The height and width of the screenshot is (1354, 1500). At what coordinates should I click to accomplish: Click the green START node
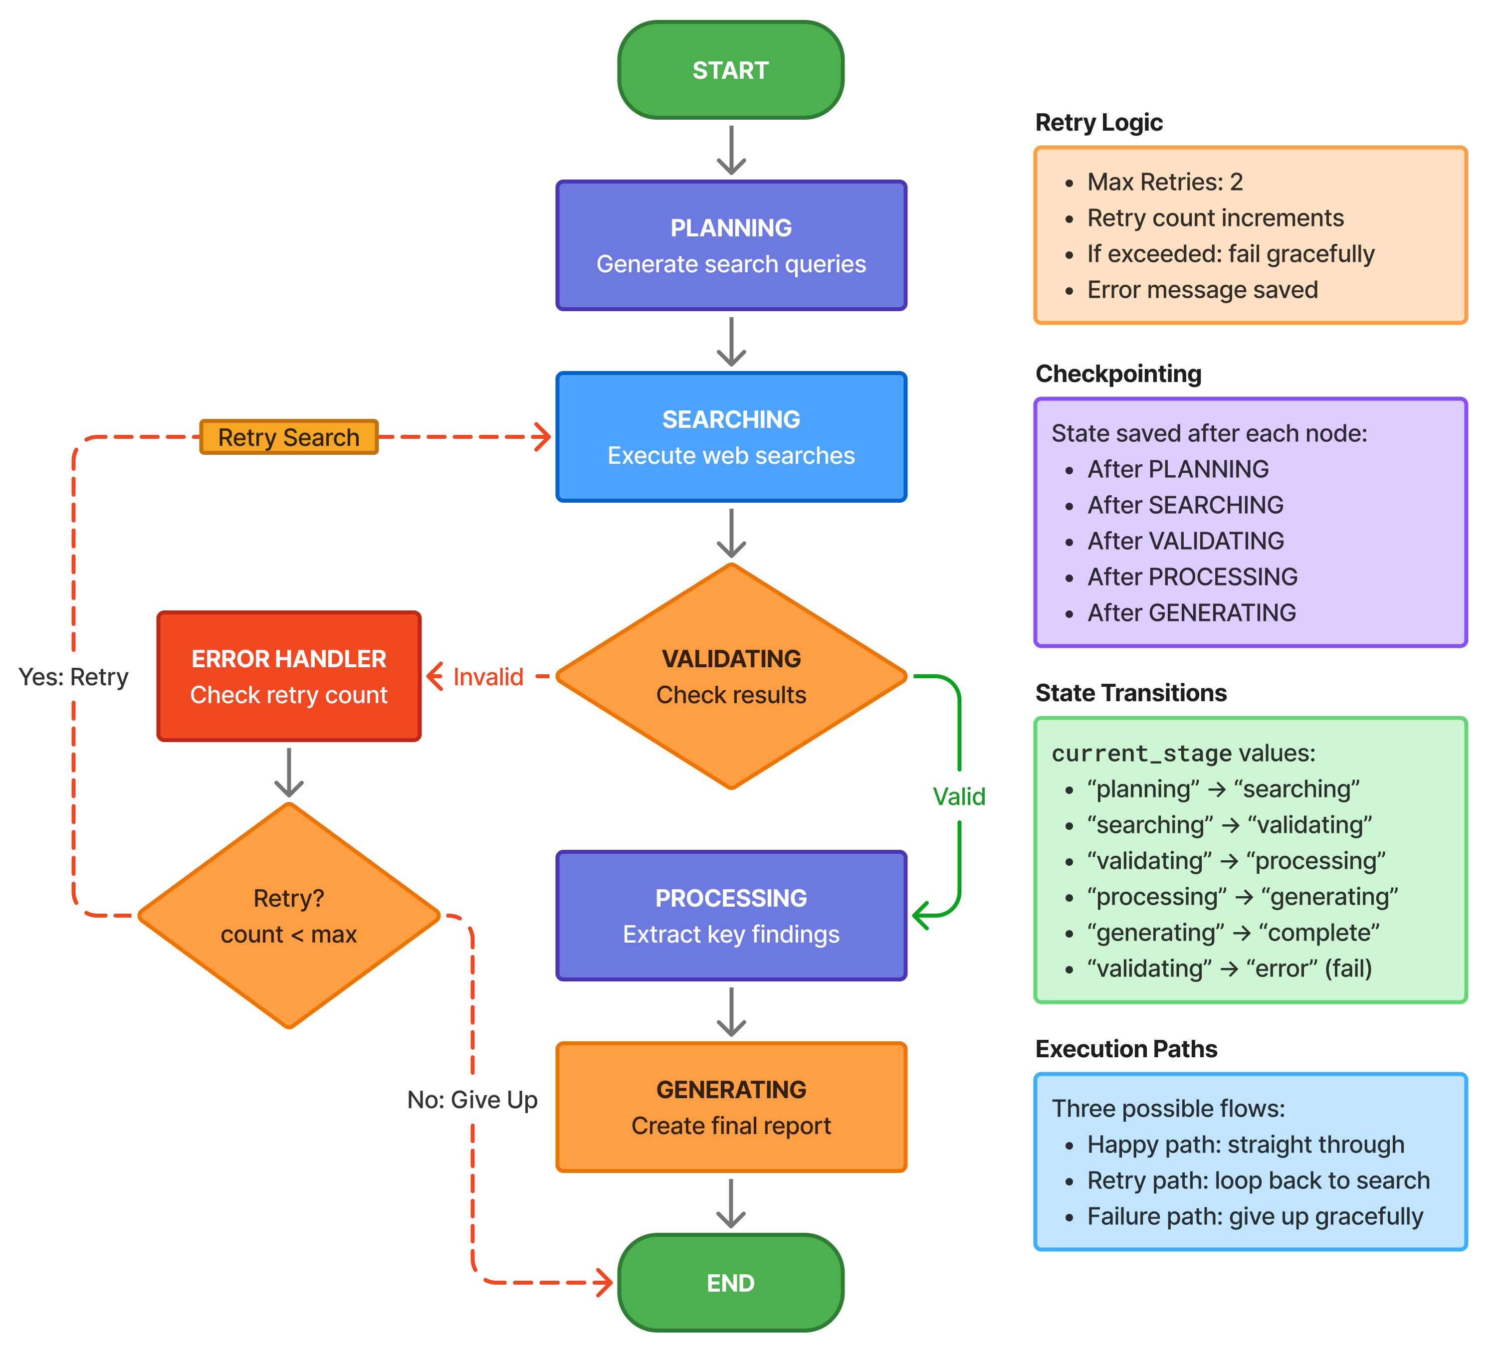tap(731, 70)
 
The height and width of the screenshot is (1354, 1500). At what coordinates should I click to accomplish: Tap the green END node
tap(731, 1283)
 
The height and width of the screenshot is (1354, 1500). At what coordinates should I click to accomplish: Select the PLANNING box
tap(731, 245)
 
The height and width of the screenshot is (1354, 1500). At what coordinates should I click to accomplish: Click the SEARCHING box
tap(731, 437)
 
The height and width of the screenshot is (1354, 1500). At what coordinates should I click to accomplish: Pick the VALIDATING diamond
tap(731, 676)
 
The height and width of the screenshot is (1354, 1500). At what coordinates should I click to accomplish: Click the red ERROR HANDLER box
tap(289, 676)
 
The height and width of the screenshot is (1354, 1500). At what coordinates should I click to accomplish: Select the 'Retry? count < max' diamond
tap(289, 916)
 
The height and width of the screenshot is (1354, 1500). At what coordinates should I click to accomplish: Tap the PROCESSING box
tap(731, 916)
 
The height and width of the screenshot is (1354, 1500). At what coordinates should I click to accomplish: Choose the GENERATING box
tap(731, 1107)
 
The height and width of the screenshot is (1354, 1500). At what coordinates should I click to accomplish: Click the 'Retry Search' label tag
tap(289, 437)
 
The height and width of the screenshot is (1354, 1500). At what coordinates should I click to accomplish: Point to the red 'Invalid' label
tap(488, 677)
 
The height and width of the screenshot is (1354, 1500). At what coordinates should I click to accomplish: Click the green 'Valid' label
tap(959, 797)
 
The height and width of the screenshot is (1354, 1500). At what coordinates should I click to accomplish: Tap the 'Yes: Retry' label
tap(73, 677)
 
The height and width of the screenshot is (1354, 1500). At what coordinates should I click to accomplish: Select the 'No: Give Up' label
tap(472, 1100)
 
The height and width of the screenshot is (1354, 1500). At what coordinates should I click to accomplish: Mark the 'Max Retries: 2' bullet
tap(1164, 182)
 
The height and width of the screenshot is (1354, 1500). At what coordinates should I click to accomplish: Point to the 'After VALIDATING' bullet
tap(1185, 541)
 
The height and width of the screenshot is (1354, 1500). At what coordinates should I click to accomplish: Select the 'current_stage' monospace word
tap(1141, 754)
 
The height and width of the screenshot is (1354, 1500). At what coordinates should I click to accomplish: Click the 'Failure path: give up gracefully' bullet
tap(1255, 1216)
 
